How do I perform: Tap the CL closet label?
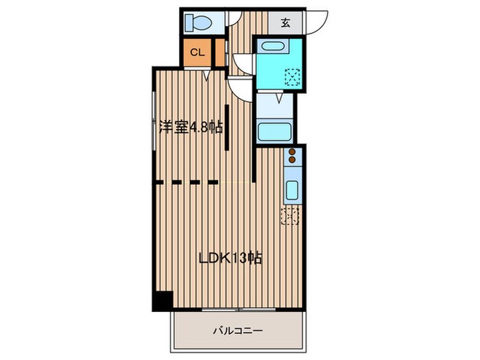(197, 52)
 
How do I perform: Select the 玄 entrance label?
(285, 22)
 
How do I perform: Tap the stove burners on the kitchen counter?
(291, 156)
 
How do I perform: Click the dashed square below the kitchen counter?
(290, 217)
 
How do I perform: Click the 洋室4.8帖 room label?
(191, 126)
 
